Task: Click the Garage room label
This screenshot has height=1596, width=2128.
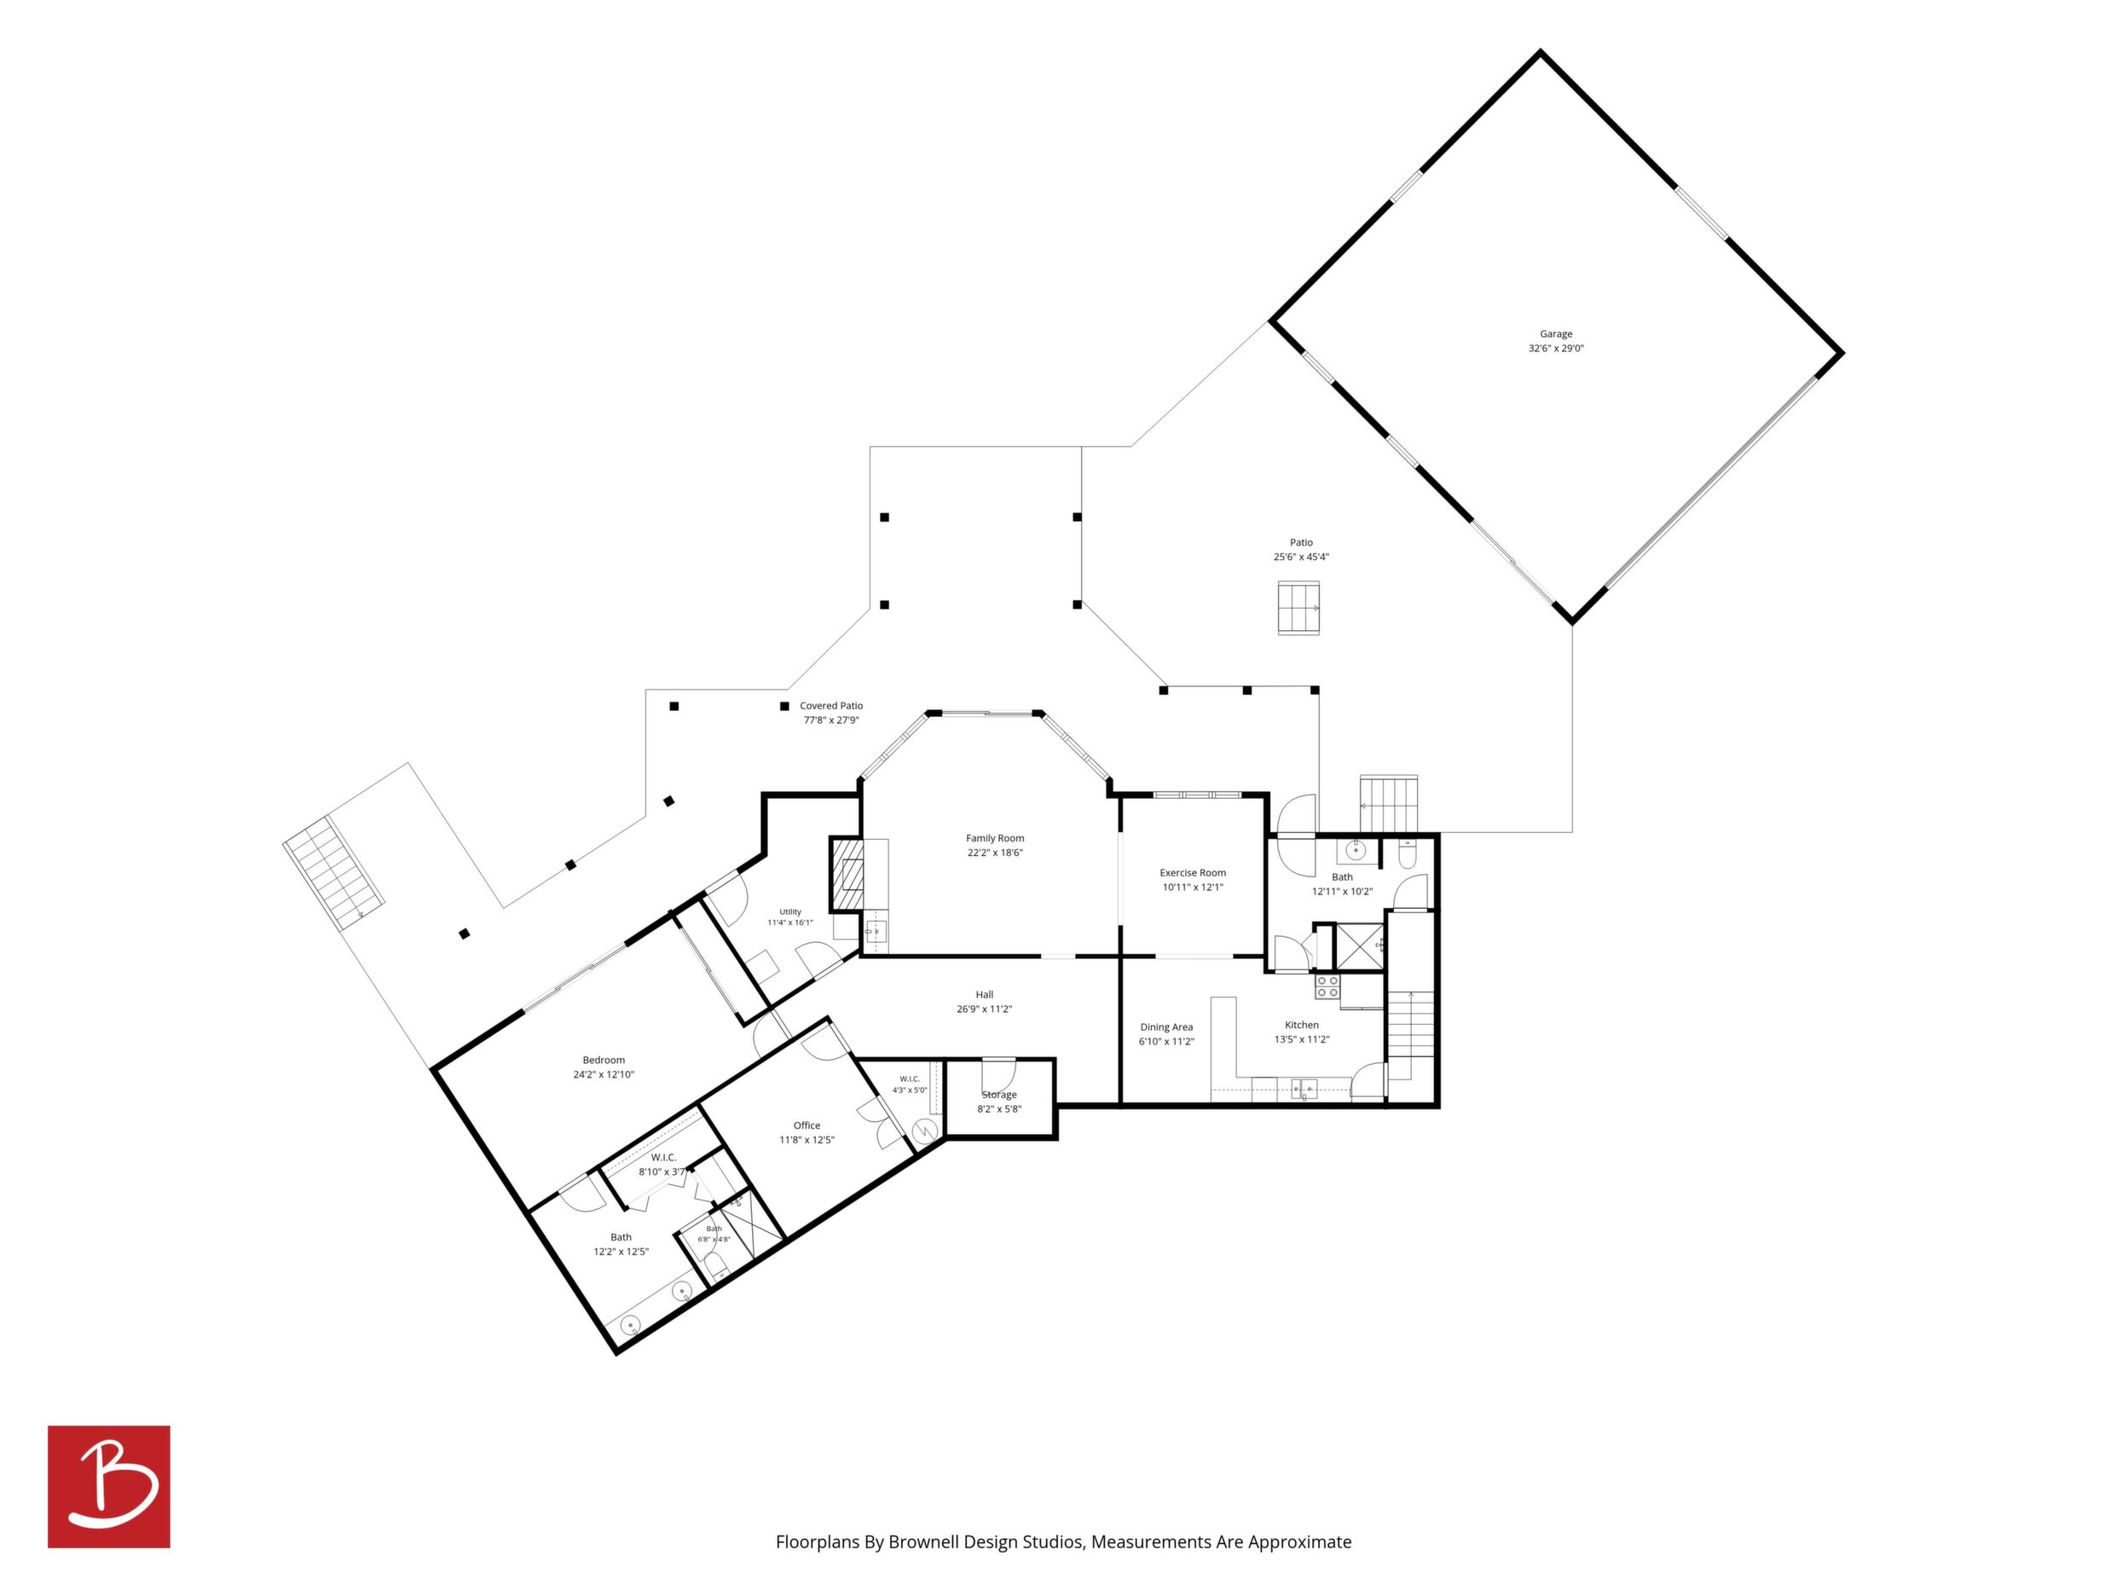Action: (1556, 334)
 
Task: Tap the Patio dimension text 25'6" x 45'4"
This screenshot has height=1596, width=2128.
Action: (1301, 557)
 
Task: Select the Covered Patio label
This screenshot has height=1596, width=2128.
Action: (831, 705)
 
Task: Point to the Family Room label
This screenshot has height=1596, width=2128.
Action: (995, 838)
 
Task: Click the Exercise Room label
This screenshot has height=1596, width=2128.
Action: (1193, 872)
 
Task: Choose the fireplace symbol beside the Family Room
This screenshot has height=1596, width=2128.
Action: (847, 875)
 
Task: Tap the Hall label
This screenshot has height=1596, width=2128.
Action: (984, 995)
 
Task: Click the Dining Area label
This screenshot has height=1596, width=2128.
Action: (1166, 1026)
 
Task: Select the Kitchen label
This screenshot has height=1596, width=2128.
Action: (1302, 1025)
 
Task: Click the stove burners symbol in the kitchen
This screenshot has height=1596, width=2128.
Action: (1327, 986)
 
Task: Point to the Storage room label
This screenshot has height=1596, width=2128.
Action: (998, 1095)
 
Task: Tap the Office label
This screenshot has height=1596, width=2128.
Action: (807, 1125)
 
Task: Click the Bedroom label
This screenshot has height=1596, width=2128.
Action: (604, 1060)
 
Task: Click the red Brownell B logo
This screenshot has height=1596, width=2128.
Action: (109, 1486)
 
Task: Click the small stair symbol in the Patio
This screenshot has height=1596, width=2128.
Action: (1298, 608)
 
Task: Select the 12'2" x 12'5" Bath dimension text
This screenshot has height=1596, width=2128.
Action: (621, 1252)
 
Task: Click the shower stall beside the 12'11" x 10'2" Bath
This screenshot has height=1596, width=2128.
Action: (1359, 946)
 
